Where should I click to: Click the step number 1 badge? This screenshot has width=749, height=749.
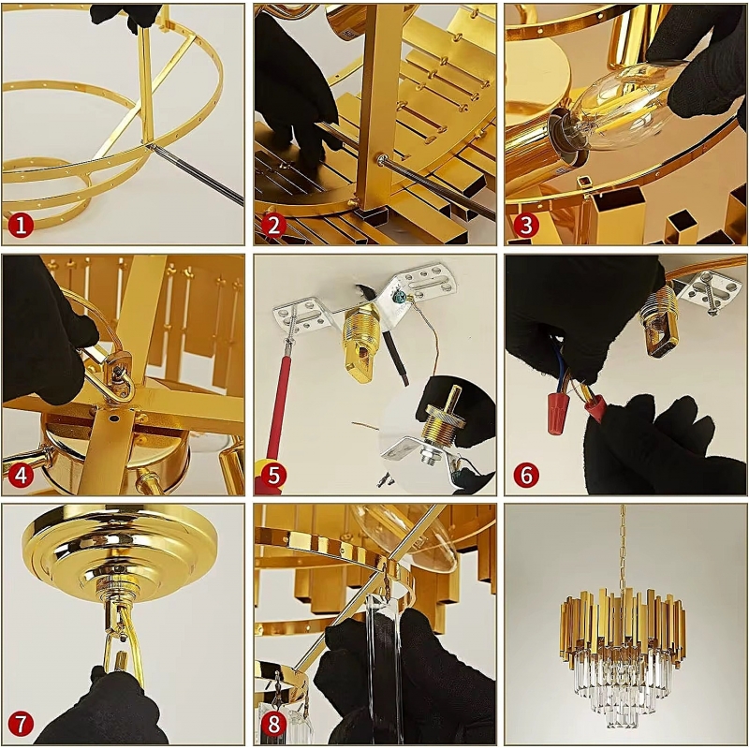pos(22,225)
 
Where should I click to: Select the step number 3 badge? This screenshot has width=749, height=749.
pos(526,225)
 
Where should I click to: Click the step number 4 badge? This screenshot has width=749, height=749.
pos(22,475)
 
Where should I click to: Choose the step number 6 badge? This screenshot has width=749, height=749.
pos(526,475)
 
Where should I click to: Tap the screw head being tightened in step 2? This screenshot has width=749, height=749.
pos(382,160)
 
